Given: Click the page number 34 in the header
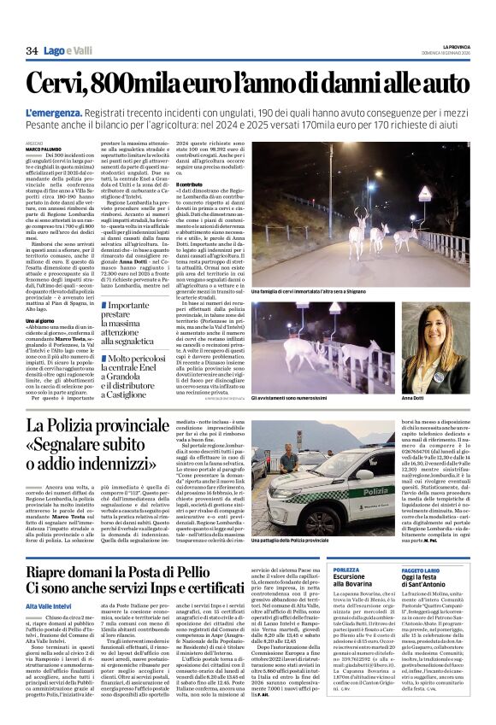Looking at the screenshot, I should [32, 51].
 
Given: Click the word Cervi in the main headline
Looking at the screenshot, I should [62, 84].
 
